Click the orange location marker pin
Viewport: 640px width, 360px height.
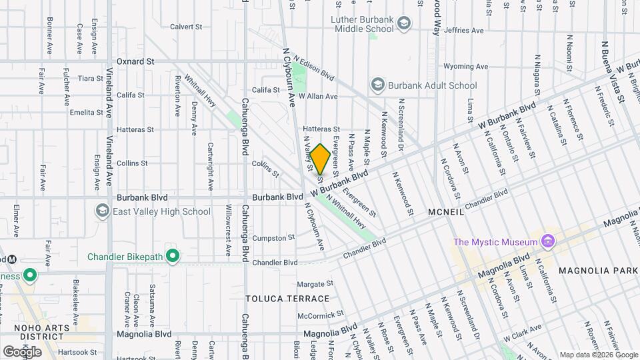(319, 159)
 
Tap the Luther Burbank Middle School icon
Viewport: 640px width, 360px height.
(404, 25)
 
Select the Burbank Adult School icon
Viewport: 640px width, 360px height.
(378, 85)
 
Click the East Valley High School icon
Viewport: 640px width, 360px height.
(103, 211)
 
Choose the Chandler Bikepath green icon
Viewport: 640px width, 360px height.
(173, 256)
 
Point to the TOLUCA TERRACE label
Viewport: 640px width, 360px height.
(287, 299)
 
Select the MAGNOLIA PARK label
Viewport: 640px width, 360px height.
(599, 271)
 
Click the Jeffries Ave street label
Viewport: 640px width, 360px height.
(463, 31)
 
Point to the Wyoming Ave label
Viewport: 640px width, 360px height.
(466, 67)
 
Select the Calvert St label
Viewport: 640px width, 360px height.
(185, 27)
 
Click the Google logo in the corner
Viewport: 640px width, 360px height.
(22, 351)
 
